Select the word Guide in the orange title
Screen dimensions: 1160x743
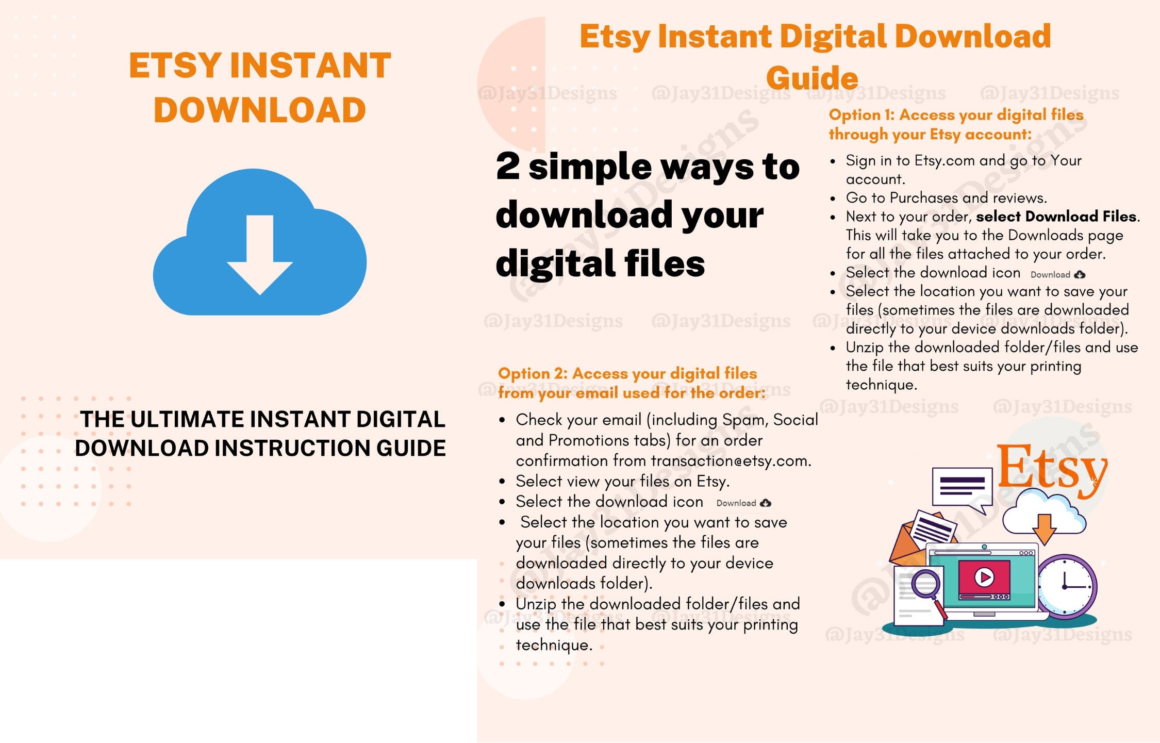click(812, 78)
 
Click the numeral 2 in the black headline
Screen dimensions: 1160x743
click(508, 166)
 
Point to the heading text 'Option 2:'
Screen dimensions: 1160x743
click(533, 373)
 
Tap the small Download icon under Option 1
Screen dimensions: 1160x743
click(1058, 275)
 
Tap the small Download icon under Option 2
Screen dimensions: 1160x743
click(743, 503)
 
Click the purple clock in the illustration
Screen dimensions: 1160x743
click(1066, 586)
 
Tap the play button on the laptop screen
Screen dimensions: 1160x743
click(984, 577)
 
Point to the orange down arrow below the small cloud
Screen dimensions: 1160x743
click(1044, 529)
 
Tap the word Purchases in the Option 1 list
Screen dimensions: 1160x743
click(924, 198)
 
